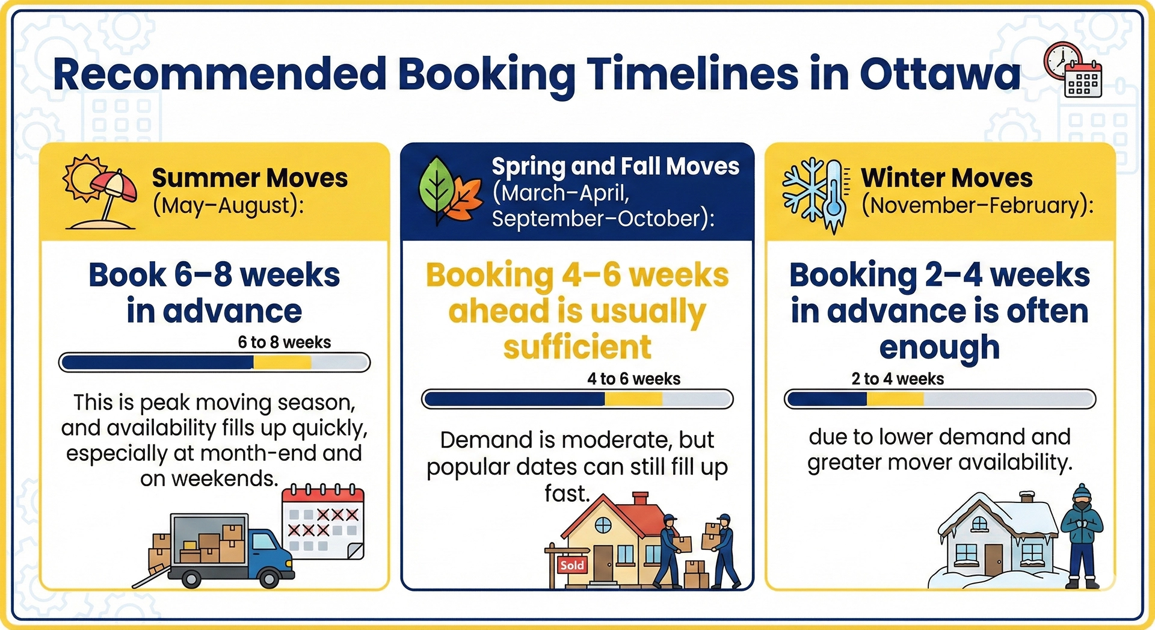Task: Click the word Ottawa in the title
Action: tap(940, 75)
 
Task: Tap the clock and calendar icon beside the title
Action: tap(1073, 70)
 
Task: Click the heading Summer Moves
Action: tap(250, 178)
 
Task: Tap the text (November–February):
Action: tap(977, 206)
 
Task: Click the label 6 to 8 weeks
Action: tap(284, 342)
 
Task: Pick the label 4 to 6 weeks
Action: tap(633, 379)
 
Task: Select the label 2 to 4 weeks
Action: tap(898, 379)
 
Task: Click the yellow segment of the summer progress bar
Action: tap(282, 362)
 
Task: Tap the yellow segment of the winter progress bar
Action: tap(895, 399)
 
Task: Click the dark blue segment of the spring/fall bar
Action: tap(514, 399)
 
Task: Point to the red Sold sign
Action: tap(571, 565)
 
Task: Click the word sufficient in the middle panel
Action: tap(577, 347)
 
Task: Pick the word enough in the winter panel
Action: tap(939, 347)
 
